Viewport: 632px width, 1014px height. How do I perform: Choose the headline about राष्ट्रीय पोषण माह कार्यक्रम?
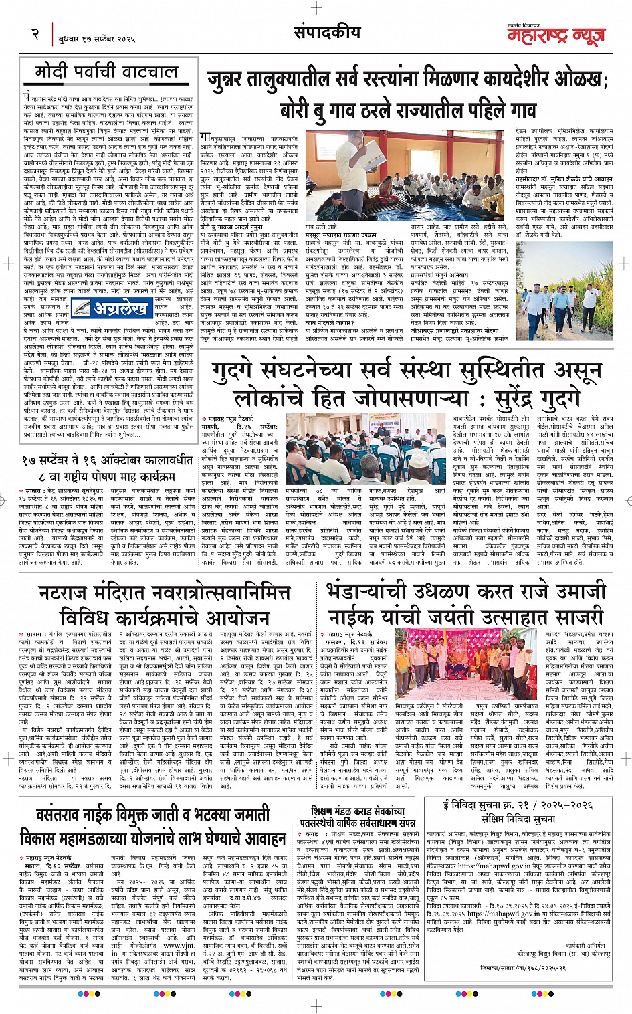click(x=107, y=469)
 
